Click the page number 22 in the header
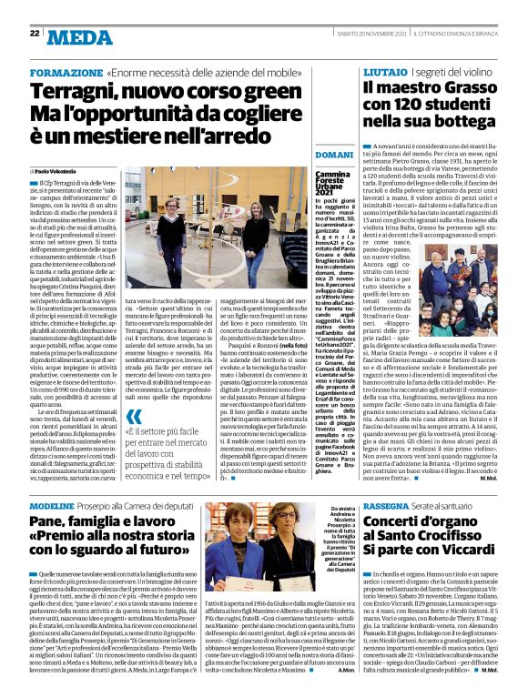[34, 34]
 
